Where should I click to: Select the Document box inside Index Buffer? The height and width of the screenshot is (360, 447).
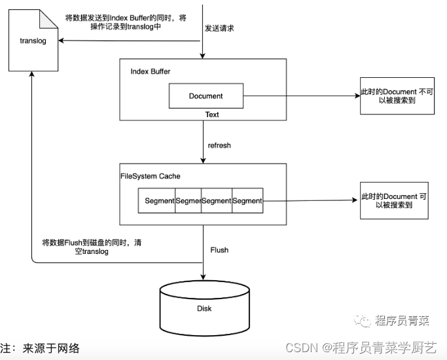(x=206, y=96)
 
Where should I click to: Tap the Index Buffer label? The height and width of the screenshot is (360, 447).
(x=151, y=71)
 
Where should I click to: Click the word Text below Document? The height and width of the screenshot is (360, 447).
(x=212, y=115)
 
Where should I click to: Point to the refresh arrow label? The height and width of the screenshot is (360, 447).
(x=219, y=145)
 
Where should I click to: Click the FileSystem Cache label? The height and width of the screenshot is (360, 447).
(x=150, y=177)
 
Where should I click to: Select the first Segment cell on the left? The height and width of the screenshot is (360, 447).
(x=160, y=201)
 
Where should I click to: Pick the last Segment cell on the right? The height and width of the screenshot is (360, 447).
(x=247, y=201)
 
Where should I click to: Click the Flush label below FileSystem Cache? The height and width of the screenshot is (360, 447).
(x=219, y=250)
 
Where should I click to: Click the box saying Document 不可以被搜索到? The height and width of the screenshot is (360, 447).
(x=397, y=97)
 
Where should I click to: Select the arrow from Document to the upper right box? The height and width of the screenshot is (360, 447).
(x=301, y=96)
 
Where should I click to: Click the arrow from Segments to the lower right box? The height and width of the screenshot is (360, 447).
(x=311, y=201)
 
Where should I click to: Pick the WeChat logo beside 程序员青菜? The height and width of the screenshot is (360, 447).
(x=363, y=321)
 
